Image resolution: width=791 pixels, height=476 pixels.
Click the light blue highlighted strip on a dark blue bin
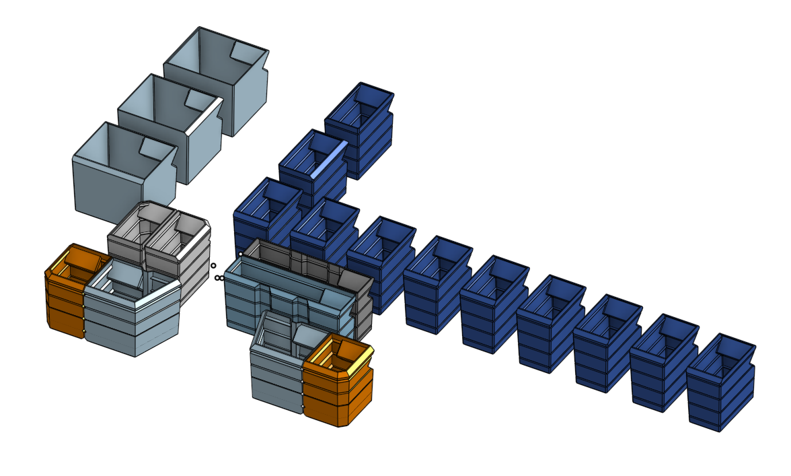coord(330,158)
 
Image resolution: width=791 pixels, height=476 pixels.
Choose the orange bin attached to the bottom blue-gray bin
coord(336,390)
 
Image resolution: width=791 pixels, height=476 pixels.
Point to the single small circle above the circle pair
coord(213,265)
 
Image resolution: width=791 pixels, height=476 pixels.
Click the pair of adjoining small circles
coord(219,277)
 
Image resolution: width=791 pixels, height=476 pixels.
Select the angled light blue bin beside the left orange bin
coord(135,316)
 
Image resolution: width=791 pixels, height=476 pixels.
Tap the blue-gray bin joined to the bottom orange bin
coord(276,370)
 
